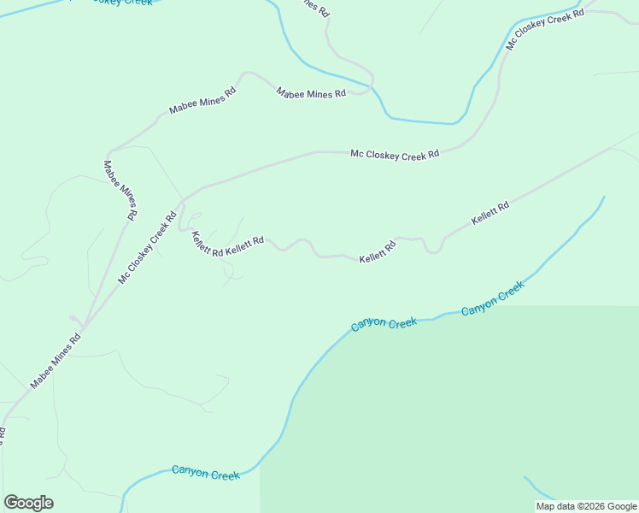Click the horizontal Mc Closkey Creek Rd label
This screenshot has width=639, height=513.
(395, 154)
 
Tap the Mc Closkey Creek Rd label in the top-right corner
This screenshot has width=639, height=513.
(544, 30)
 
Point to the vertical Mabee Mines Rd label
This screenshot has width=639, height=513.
(120, 190)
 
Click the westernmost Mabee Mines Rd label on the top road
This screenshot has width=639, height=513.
(202, 101)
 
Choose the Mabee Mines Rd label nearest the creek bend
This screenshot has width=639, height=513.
(311, 92)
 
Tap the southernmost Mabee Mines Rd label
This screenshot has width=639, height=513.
(55, 361)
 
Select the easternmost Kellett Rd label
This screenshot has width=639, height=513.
(490, 214)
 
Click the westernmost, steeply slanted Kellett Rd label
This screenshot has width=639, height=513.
(207, 245)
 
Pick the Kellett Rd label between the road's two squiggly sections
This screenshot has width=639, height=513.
(377, 252)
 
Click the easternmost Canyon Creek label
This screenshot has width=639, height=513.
(491, 299)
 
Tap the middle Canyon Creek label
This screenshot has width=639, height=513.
(384, 324)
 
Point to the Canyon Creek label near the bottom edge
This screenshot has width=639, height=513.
(205, 472)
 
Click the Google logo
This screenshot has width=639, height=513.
(28, 503)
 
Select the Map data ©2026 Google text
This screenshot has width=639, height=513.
(586, 506)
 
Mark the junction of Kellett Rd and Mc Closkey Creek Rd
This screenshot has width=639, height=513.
(180, 203)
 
